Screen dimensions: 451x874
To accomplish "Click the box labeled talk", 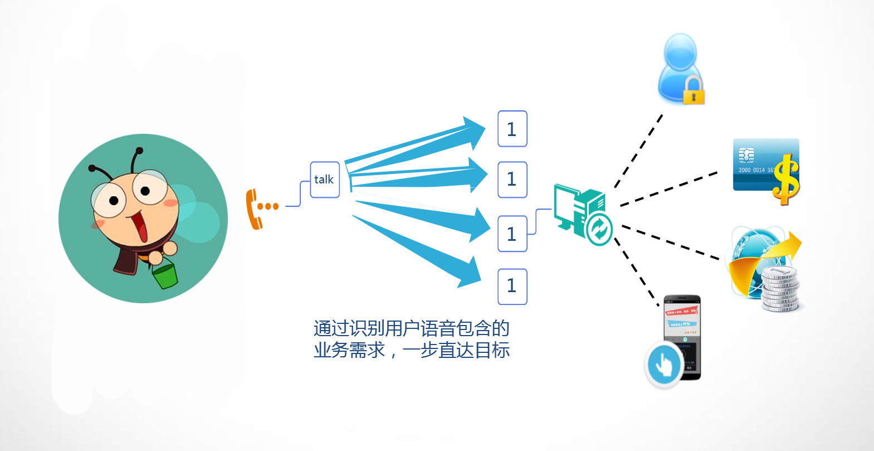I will (325, 180).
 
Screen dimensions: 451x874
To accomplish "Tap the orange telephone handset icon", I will (252, 210).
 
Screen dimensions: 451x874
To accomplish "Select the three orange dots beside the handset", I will (268, 206).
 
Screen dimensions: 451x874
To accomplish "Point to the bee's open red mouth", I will (141, 225).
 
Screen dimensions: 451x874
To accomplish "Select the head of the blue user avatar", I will (680, 51).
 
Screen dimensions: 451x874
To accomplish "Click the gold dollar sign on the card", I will (785, 179).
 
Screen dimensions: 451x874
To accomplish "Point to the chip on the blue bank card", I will (746, 155).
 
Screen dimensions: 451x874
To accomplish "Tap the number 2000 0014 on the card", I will (751, 170).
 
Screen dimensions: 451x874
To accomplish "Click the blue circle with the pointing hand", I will (664, 364).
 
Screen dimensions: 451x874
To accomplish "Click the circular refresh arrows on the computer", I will (599, 229).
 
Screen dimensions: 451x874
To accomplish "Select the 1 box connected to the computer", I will (512, 234).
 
